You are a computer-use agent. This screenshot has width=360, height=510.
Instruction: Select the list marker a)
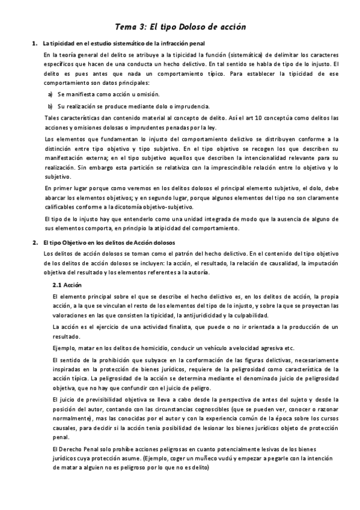[x=50, y=94]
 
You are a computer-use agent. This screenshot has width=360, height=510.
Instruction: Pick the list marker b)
[x=50, y=105]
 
